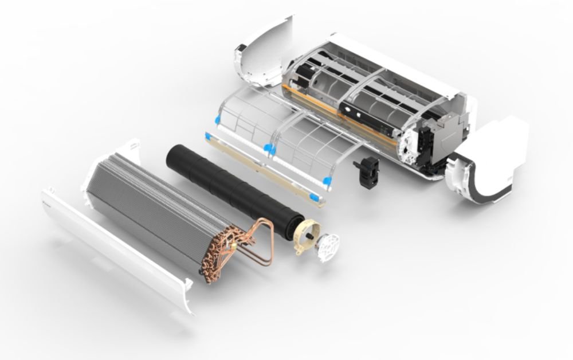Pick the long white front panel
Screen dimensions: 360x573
click(115, 252)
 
